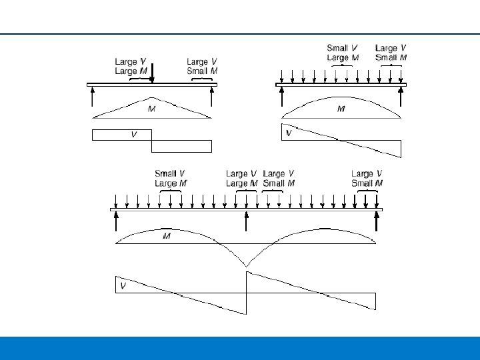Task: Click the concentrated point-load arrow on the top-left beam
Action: click(152, 73)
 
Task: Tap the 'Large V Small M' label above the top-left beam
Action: click(202, 67)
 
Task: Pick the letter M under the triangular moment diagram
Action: click(151, 107)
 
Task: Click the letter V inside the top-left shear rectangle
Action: click(133, 134)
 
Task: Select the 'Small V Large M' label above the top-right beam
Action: click(342, 53)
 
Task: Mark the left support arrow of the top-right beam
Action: click(282, 97)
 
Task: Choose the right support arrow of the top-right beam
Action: click(401, 97)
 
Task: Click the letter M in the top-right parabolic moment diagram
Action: click(341, 108)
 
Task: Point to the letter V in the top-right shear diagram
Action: click(289, 133)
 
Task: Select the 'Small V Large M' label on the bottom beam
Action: click(171, 179)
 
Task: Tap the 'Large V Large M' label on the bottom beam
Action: click(242, 179)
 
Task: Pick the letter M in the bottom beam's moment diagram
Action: click(167, 237)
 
